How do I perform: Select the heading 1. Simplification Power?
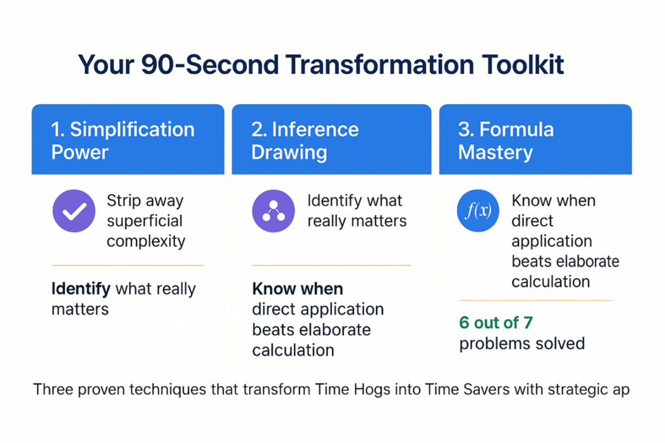123,140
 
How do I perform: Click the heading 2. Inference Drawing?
305,140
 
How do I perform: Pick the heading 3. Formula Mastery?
506,140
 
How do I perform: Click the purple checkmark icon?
74,211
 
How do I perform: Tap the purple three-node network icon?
273,211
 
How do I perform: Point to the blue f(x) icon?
478,210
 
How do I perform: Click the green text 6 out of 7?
496,323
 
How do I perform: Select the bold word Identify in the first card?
81,289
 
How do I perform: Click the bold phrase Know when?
297,289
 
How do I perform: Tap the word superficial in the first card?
145,221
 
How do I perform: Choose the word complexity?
146,242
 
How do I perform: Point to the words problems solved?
522,344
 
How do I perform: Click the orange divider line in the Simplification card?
128,265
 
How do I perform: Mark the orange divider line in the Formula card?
535,300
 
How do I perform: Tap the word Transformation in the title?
379,65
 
